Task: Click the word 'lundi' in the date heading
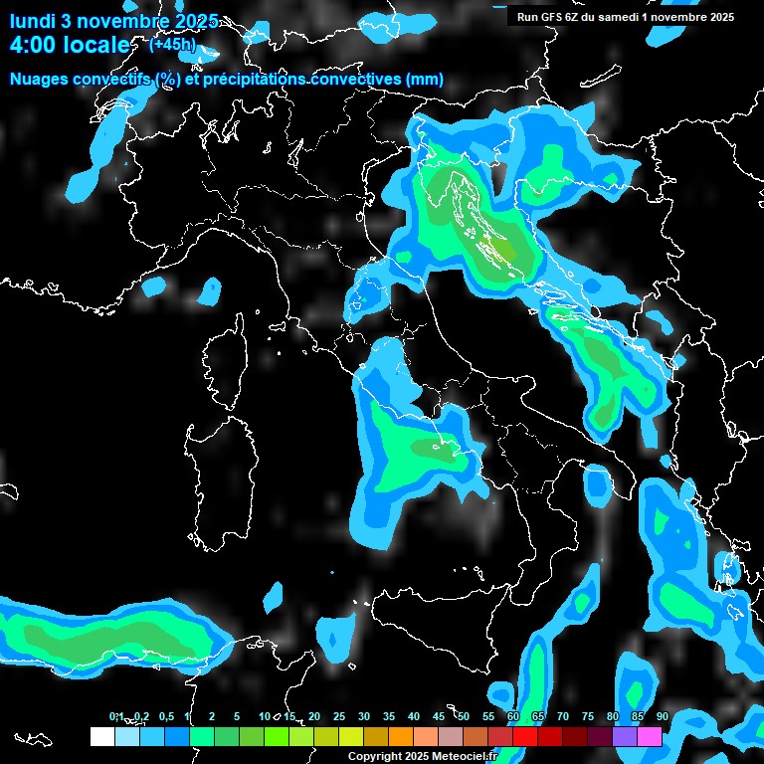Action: (x=33, y=21)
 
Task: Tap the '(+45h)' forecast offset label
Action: (x=172, y=44)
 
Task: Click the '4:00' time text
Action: (x=29, y=46)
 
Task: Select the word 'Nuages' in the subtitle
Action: (x=39, y=80)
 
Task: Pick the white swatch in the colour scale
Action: (x=101, y=736)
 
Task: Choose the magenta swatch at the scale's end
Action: (x=650, y=736)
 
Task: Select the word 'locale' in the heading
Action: (x=95, y=46)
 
